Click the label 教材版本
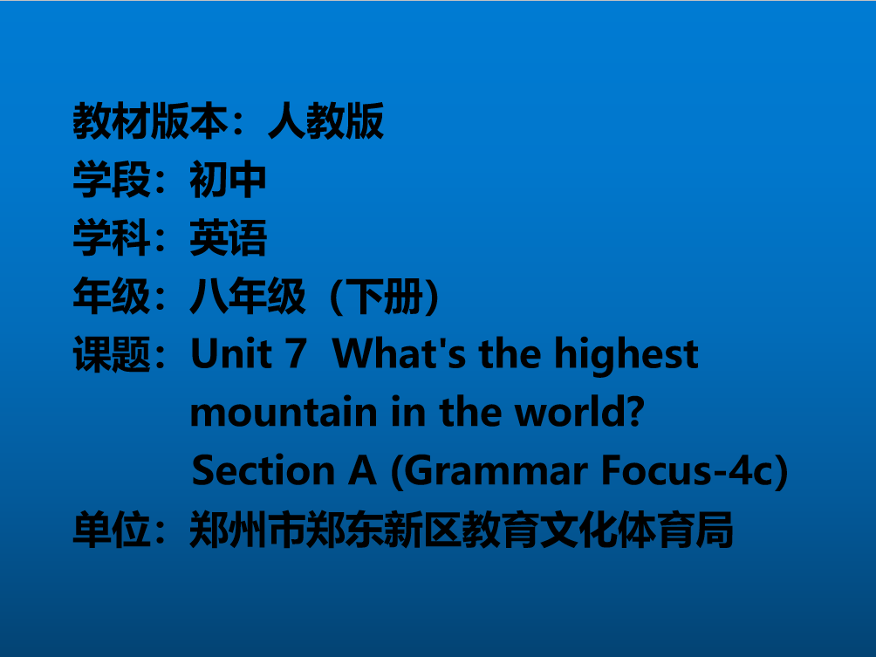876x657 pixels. [x=151, y=120]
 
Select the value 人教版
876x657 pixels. [x=325, y=120]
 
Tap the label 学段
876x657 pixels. [x=112, y=180]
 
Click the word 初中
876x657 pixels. [x=228, y=180]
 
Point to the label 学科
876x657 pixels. [x=112, y=238]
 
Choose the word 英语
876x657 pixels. [x=228, y=238]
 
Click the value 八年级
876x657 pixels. [x=248, y=296]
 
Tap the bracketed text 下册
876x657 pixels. [x=385, y=296]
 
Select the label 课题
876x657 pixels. [x=112, y=354]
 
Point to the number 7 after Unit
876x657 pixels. [x=296, y=354]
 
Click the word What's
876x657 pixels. [x=399, y=354]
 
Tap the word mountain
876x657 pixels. [x=284, y=413]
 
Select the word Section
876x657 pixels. [x=263, y=470]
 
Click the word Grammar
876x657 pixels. [x=495, y=470]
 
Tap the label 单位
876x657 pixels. [x=112, y=530]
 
